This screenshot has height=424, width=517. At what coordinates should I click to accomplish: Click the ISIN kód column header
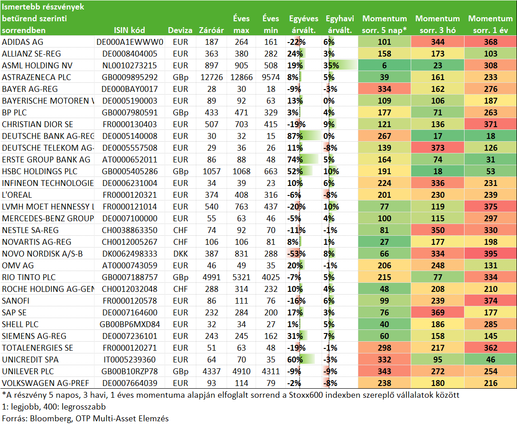tap(129, 30)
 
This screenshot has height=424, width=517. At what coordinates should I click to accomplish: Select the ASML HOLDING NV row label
tap(37, 65)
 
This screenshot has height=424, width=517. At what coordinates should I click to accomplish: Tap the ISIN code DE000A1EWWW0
tap(129, 42)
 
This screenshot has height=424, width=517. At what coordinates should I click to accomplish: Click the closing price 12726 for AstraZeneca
tap(212, 77)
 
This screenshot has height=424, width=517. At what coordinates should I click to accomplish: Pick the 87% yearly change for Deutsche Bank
tap(295, 136)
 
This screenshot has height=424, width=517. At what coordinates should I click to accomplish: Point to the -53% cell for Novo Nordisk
tap(296, 254)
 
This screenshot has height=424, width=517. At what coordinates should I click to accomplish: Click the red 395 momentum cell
tap(491, 254)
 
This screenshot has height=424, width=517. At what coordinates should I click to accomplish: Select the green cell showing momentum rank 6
tap(384, 65)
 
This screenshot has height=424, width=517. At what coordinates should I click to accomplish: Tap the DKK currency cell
tap(180, 254)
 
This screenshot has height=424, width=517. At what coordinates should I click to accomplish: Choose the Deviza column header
tap(180, 30)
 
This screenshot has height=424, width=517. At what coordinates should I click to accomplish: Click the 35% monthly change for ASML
tap(331, 65)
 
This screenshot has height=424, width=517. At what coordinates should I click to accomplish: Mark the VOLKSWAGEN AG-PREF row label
tap(46, 383)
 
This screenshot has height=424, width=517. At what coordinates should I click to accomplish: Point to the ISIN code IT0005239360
tap(129, 360)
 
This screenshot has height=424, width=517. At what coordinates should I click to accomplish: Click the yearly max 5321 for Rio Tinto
tap(242, 277)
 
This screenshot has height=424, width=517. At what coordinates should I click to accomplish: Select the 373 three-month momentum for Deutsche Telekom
tap(437, 148)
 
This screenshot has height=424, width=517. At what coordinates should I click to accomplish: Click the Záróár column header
tap(211, 30)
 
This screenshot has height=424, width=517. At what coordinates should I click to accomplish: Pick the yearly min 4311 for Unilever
tap(270, 371)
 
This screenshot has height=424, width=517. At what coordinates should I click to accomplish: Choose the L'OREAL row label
tap(17, 195)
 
